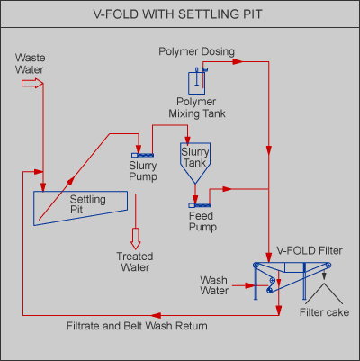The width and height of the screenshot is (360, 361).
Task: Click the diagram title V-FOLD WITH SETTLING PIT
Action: point(178,14)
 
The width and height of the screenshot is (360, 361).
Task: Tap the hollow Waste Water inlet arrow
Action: point(32,83)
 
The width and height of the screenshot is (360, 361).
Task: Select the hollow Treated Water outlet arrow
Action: point(135,239)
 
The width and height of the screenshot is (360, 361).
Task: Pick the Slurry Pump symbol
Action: point(143,155)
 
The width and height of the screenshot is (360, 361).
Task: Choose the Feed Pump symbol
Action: point(200,205)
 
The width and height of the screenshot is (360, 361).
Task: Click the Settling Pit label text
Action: point(88,204)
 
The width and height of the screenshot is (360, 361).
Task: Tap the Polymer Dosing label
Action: point(196,51)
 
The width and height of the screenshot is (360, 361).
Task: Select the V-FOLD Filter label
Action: point(310,250)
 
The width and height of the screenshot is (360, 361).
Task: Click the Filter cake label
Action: point(324,312)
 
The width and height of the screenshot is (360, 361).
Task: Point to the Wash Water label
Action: point(214,285)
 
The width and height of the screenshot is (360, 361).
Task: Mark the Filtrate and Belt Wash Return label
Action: point(137,326)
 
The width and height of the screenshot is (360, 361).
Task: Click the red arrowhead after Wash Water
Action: point(250,285)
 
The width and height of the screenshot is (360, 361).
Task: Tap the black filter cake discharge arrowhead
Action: point(324,276)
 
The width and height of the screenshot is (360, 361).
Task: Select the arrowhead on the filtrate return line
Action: point(156,315)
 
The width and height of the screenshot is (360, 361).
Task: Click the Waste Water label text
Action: point(30,64)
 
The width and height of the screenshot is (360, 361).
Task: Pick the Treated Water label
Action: point(135,262)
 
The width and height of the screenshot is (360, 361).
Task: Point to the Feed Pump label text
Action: point(202,221)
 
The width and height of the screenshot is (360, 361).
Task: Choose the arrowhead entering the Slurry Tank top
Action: point(188,140)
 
